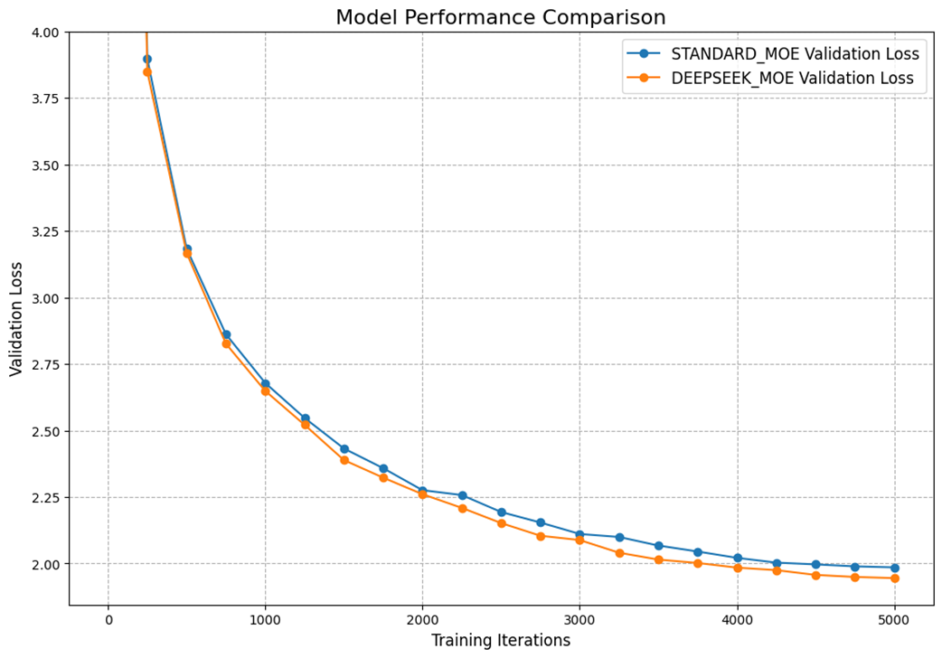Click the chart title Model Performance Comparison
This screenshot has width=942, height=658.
click(x=500, y=17)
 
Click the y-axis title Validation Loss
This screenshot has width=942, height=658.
click(x=16, y=318)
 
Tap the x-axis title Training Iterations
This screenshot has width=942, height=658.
click(x=500, y=640)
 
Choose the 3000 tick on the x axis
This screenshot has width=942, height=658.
click(x=579, y=620)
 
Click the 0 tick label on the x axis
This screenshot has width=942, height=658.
click(x=108, y=620)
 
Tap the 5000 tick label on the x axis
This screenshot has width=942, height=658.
click(x=894, y=620)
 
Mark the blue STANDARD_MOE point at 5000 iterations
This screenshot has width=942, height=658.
click(x=894, y=568)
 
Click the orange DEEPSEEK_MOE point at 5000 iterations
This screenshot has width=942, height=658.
click(x=894, y=578)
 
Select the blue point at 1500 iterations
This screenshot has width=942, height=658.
click(x=344, y=448)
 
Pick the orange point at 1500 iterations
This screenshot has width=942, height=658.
click(x=344, y=460)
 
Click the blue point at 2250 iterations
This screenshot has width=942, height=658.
click(x=462, y=495)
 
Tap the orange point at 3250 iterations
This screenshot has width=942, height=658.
click(x=619, y=553)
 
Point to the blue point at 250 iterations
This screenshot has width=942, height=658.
click(x=147, y=59)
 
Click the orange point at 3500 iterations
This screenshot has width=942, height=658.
click(x=658, y=559)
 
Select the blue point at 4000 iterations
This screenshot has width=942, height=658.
click(x=737, y=558)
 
